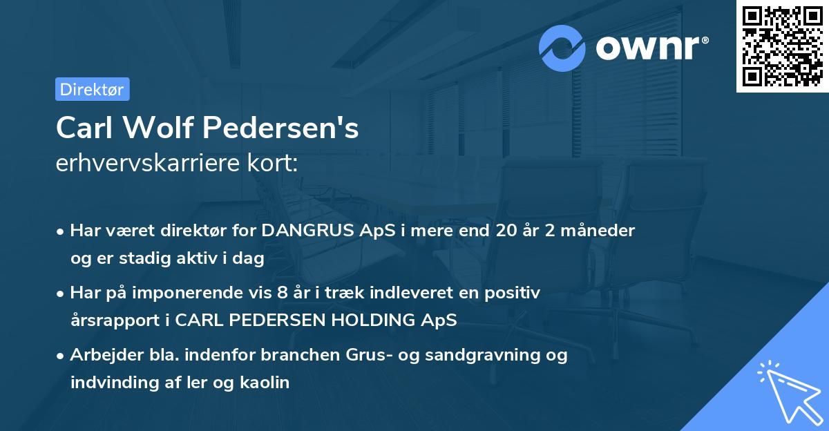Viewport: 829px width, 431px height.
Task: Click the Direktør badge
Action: pyautogui.click(x=92, y=89)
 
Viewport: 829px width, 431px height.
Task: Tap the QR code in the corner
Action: pyautogui.click(x=782, y=46)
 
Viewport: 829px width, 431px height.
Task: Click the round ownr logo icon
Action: pyautogui.click(x=562, y=48)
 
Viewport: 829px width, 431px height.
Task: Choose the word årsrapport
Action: pyautogui.click(x=110, y=320)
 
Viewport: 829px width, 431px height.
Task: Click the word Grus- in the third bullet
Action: pyautogui.click(x=363, y=355)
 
